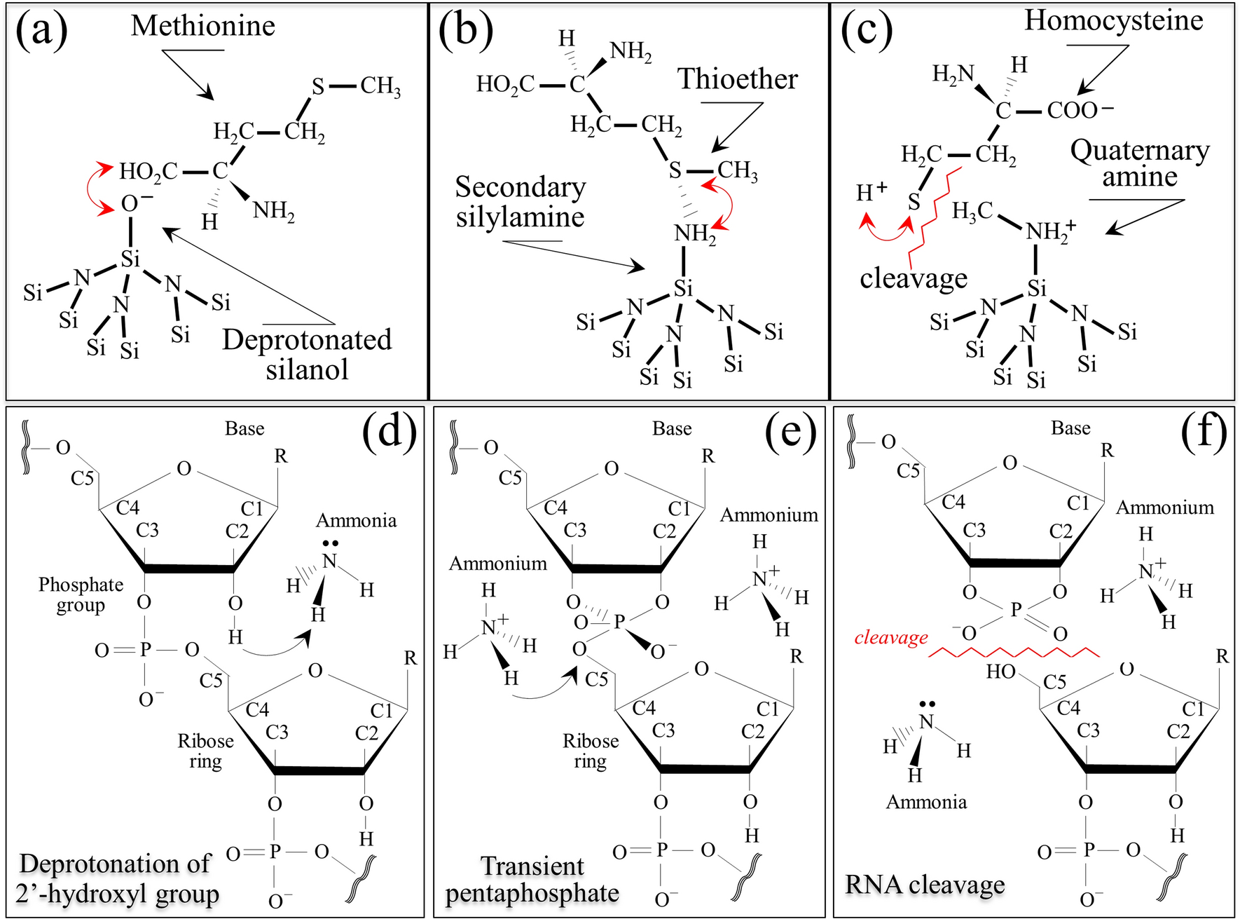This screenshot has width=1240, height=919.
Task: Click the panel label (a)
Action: (41, 31)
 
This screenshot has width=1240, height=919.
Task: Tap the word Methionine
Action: (203, 26)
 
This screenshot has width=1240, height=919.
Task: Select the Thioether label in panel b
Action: (737, 79)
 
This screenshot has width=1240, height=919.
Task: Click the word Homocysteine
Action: (1113, 20)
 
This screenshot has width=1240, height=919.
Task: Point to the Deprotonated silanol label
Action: (307, 354)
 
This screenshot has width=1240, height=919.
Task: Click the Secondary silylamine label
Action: (520, 202)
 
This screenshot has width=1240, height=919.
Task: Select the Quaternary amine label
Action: (1139, 163)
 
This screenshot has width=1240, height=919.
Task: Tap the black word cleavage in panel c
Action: (913, 278)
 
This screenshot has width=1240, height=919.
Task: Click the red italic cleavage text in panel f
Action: (890, 637)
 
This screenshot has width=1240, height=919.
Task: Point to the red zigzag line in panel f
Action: (1013, 653)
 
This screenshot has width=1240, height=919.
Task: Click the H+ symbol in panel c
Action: (872, 191)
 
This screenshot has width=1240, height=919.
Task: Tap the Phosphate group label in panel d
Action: (81, 594)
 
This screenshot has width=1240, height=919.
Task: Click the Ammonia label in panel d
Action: (356, 521)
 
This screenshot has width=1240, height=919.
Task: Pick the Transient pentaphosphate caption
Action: (532, 880)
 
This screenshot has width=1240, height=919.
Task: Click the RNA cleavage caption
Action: (924, 885)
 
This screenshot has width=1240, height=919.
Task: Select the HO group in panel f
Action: (1000, 672)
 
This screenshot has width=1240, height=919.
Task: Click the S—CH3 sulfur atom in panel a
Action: (318, 87)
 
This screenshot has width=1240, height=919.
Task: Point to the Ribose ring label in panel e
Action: (590, 751)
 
